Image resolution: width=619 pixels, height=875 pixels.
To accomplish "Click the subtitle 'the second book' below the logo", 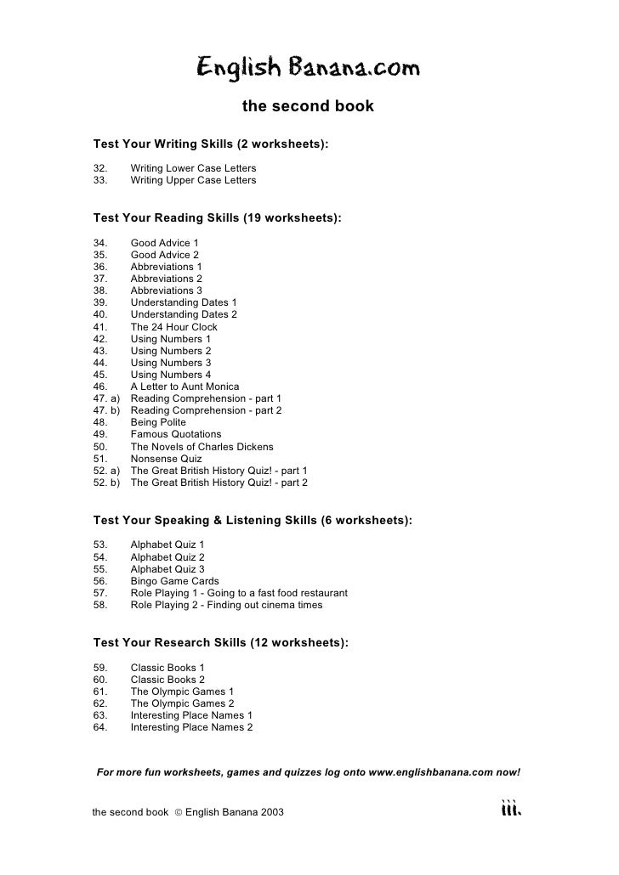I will point(308,107).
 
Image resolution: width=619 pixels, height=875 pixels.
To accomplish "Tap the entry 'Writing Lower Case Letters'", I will point(193,168).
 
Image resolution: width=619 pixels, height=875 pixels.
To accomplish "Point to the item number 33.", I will point(100,180).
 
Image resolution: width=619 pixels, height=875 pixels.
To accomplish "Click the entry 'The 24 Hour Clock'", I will point(173,327).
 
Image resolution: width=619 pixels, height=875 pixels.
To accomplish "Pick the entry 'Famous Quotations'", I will point(175,434).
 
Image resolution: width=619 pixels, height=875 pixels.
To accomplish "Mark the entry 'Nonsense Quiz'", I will point(166,459).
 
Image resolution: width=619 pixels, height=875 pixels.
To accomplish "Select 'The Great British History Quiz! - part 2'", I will point(219,483).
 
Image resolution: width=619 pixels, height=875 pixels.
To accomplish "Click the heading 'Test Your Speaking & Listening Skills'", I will point(253,520).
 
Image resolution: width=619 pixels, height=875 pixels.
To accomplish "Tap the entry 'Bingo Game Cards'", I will point(174,581).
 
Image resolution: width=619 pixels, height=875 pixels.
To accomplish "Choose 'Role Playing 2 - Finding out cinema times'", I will point(226,606).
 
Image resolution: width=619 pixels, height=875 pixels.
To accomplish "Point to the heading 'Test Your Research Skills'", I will point(220,643).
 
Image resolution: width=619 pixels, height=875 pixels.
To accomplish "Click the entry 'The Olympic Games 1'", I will point(182,692).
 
